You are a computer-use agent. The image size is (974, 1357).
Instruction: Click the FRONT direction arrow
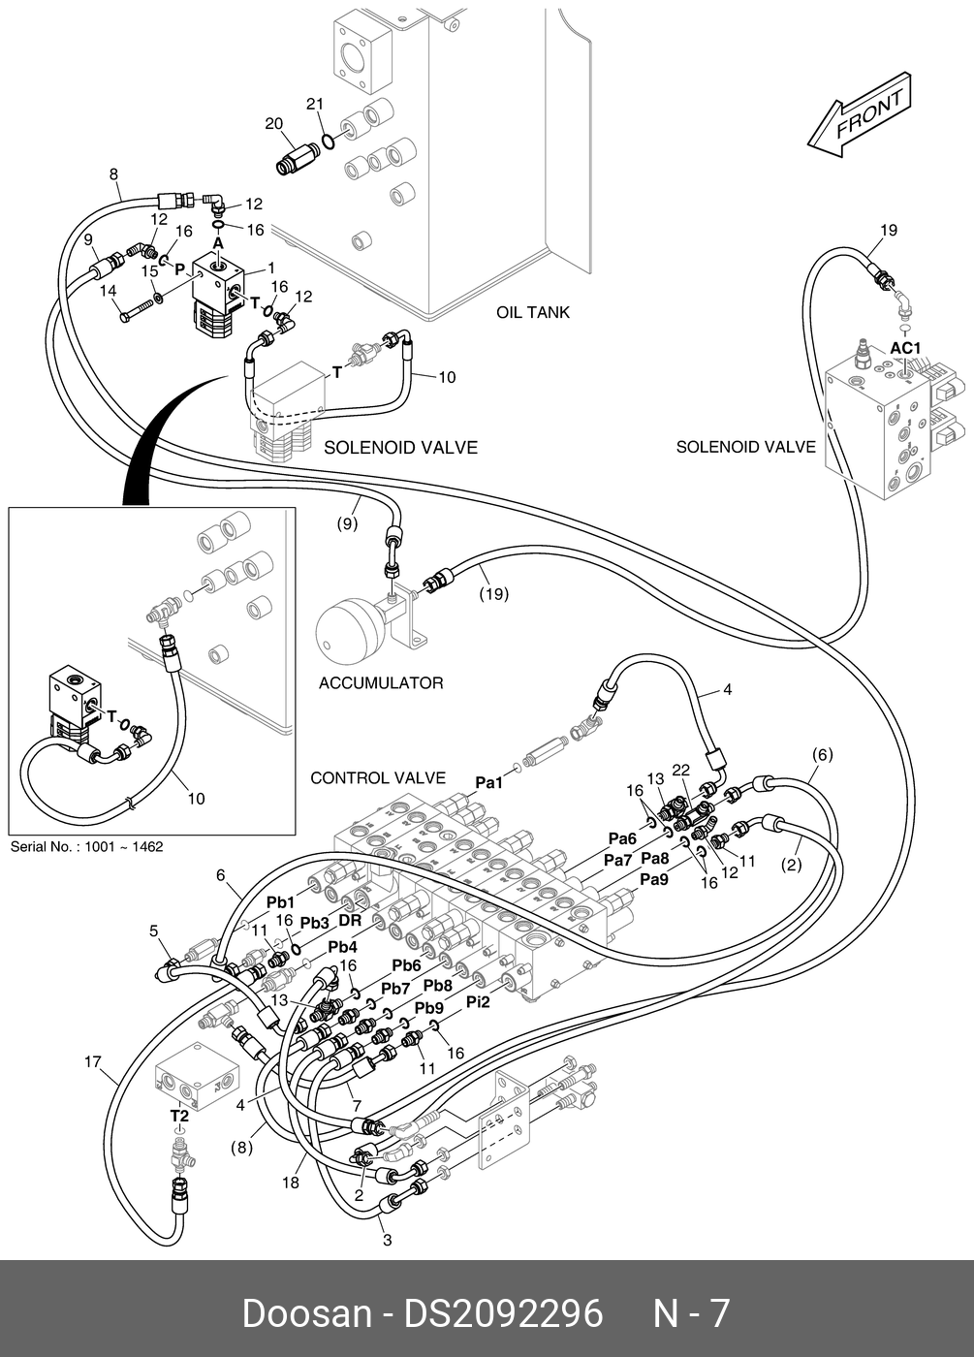click(859, 115)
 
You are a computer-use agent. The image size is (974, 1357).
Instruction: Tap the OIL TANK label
click(533, 312)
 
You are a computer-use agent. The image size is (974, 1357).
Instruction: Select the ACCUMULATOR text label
click(381, 683)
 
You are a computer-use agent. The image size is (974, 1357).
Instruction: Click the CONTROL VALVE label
click(378, 777)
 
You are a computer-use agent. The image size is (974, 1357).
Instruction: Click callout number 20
click(273, 124)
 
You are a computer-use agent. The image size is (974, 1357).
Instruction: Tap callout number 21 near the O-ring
click(315, 105)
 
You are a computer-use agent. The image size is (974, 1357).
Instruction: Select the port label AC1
click(905, 348)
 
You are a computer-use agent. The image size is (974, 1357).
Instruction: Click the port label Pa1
click(489, 783)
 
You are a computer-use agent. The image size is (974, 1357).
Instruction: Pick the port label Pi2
click(478, 1002)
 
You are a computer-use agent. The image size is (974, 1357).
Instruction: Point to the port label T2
click(179, 1116)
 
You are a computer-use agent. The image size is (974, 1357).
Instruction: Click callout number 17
click(92, 1062)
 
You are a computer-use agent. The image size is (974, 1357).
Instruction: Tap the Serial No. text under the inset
click(86, 846)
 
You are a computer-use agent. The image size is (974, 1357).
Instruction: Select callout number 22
click(681, 770)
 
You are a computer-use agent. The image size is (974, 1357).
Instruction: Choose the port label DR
click(350, 921)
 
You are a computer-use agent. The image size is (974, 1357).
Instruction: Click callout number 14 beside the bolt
click(108, 292)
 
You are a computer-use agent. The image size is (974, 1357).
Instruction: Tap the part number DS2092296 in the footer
click(503, 1311)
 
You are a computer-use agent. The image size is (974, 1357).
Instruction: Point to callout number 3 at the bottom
click(387, 1240)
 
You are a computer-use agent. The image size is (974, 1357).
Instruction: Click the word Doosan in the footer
click(307, 1311)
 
